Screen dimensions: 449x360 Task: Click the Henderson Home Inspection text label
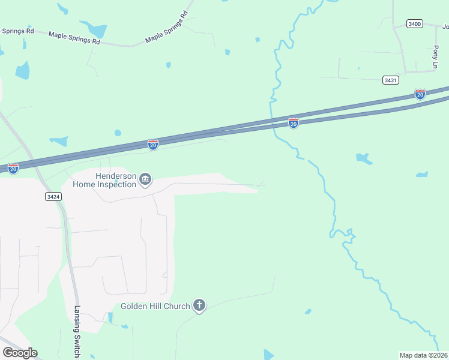coord(104,180)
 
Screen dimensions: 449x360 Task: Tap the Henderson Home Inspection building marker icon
coord(145,179)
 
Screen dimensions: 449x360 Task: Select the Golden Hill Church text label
coord(155,306)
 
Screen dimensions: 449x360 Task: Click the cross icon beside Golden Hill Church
coord(199,306)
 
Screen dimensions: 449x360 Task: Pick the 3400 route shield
coord(414,23)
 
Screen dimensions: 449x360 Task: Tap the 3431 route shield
coord(390,80)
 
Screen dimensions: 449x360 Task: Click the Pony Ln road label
coord(436,57)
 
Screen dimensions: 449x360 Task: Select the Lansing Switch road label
coord(77,332)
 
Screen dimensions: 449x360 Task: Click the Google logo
coord(20,353)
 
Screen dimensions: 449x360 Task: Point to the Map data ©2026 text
coord(424,355)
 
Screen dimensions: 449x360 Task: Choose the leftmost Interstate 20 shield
coord(13,169)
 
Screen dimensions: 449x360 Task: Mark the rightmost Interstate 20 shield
coord(420,94)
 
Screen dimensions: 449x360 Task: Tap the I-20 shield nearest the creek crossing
coord(294,123)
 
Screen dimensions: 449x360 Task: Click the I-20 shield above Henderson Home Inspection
coord(153,145)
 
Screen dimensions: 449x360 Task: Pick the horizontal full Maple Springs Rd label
coord(74,38)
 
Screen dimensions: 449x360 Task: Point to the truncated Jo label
coord(445,27)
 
